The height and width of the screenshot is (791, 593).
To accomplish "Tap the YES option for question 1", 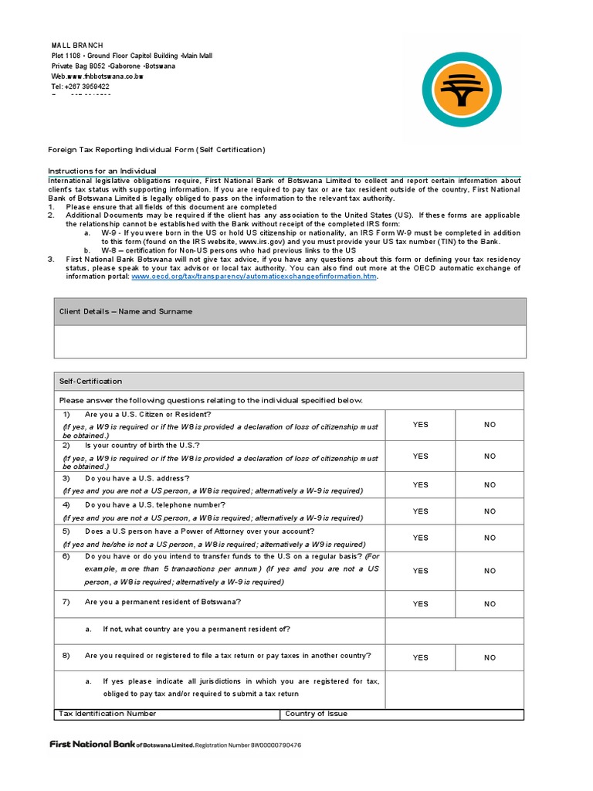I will click(420, 425).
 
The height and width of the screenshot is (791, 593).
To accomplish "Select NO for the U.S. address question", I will click(490, 485).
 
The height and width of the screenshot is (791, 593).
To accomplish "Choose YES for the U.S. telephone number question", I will click(420, 511).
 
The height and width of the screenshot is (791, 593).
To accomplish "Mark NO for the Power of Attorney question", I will click(490, 538).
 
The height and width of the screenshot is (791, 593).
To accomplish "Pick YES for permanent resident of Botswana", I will click(420, 604).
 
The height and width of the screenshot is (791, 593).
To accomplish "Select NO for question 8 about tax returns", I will click(490, 658).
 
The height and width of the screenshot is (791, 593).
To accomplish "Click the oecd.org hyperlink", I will click(254, 277).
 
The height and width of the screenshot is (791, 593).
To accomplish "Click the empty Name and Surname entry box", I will click(290, 341).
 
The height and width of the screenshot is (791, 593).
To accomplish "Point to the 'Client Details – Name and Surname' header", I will click(126, 311).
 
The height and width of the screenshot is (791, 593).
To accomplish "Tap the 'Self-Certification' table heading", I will click(90, 382).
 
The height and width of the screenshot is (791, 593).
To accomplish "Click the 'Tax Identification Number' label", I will click(107, 714).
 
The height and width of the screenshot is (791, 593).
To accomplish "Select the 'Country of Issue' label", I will click(316, 714).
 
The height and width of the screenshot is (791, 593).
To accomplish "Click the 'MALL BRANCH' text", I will click(76, 46).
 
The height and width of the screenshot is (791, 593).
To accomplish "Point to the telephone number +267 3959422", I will click(86, 87).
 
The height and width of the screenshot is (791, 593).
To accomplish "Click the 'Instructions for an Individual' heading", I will click(102, 171).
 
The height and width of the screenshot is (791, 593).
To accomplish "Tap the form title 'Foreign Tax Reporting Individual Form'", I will click(156, 150).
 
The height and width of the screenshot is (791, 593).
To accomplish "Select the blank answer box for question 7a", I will click(454, 630).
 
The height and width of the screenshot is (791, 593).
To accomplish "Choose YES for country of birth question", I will click(420, 457).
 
